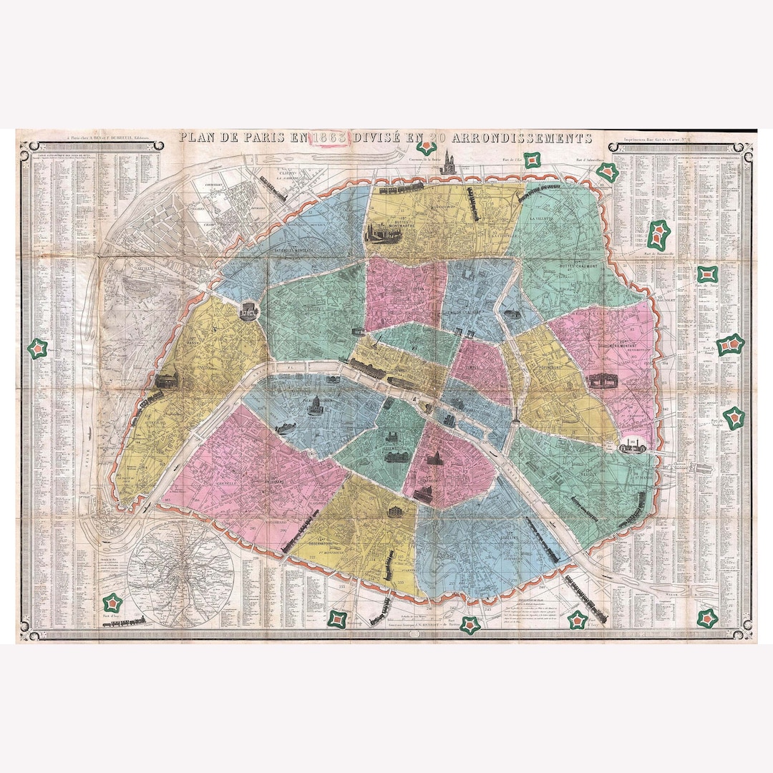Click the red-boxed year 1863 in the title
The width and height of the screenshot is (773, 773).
(327, 138)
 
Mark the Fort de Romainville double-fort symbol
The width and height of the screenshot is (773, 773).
(658, 233)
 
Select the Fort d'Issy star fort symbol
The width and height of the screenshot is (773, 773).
(112, 603)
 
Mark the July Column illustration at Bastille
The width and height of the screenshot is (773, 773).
(514, 417)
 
